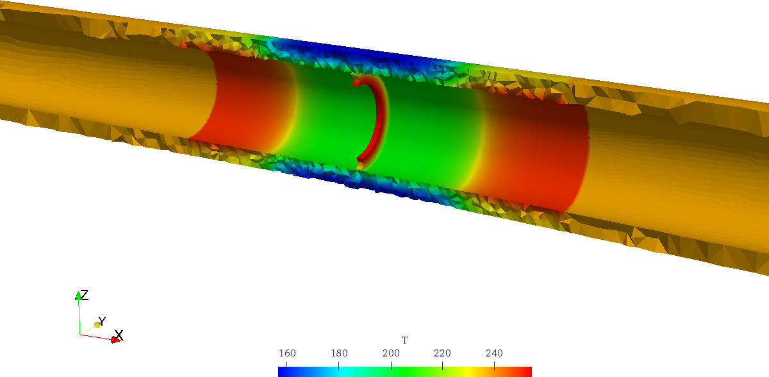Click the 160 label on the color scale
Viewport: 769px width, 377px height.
click(287, 353)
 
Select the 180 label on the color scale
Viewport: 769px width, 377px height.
click(339, 353)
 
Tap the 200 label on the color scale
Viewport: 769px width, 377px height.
click(391, 353)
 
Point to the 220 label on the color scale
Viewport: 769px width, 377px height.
click(442, 353)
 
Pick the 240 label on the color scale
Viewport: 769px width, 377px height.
click(494, 353)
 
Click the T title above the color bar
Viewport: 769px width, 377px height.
click(405, 340)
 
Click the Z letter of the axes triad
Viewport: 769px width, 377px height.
click(84, 295)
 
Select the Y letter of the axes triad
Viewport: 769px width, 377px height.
click(103, 321)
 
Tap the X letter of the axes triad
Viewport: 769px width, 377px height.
click(119, 335)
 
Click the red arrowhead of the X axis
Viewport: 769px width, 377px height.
click(115, 340)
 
